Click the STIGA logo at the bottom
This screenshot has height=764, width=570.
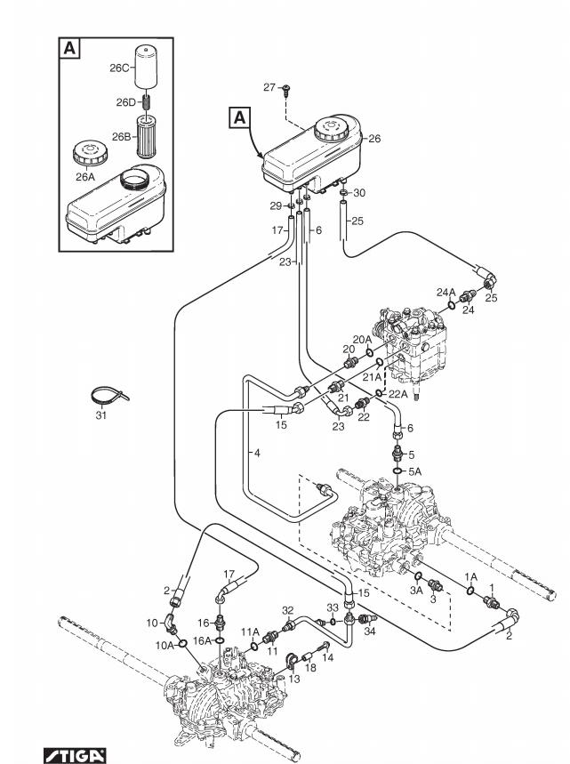pos(75,756)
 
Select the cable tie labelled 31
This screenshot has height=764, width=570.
pos(110,395)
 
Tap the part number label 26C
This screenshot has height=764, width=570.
pos(119,68)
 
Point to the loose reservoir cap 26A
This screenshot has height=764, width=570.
pos(90,154)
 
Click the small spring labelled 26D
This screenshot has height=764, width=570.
pos(146,102)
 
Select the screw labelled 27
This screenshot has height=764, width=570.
pos(285,90)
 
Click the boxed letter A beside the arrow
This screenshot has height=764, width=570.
pos(240,118)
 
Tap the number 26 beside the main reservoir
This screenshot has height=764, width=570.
pos(374,139)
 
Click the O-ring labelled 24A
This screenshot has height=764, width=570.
pos(452,305)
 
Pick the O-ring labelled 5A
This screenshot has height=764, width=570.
pos(398,471)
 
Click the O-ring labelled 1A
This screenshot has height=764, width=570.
pos(470,591)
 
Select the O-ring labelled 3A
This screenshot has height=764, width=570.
pos(418,577)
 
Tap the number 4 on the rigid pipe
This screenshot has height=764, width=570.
pos(257,453)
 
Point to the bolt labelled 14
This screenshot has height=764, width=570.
pos(325,647)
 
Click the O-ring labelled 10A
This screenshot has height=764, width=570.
pos(183,644)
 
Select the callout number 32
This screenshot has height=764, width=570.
pos(288,610)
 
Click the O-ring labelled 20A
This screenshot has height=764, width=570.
pos(369,352)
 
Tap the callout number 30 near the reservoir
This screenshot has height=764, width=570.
pos(359,193)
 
